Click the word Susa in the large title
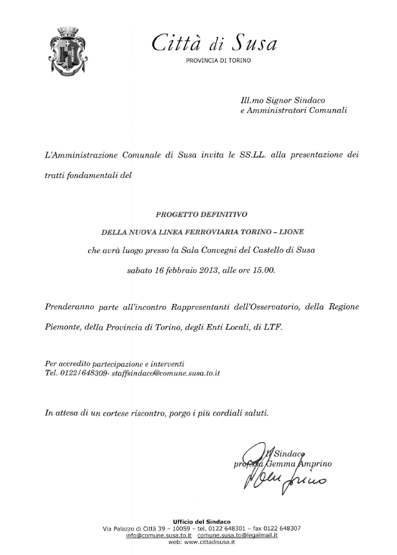pos(254,44)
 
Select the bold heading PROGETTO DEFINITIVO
pos(201,213)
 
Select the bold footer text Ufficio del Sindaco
pos(201,521)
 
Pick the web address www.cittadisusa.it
pos(210,542)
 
